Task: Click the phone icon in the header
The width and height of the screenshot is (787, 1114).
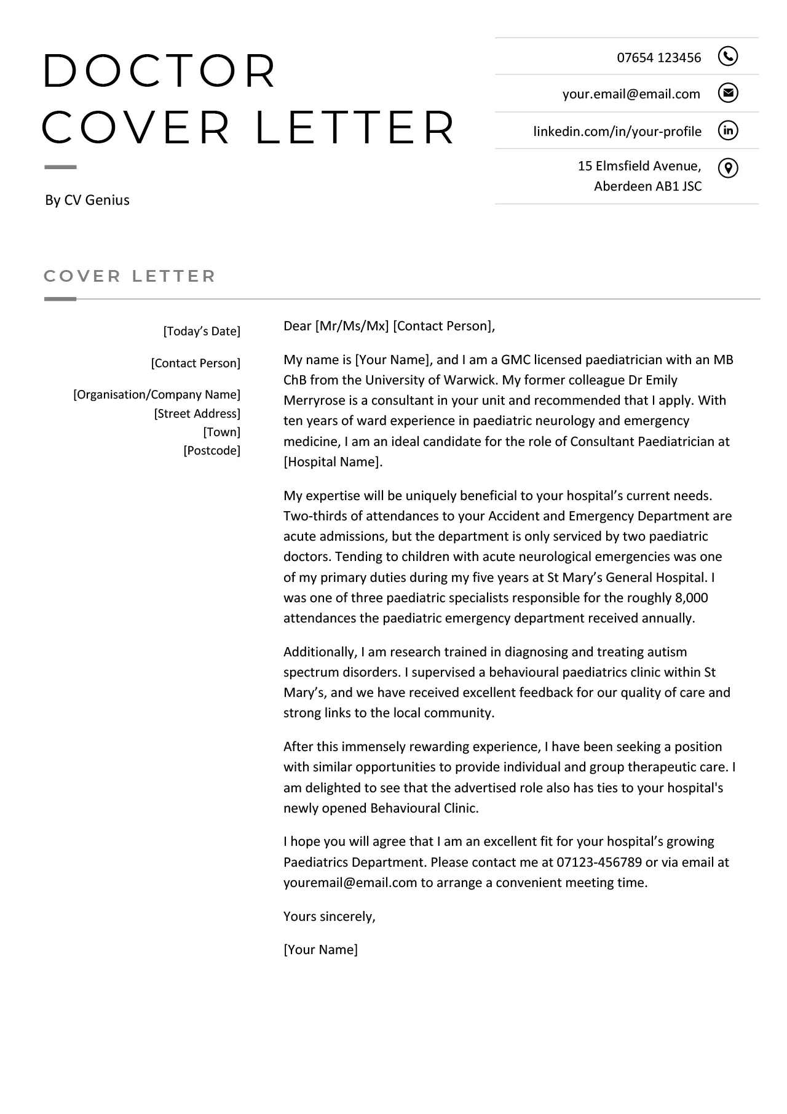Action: click(x=727, y=57)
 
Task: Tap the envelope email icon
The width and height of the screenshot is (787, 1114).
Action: click(x=727, y=93)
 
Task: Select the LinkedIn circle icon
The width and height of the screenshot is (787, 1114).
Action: click(x=727, y=130)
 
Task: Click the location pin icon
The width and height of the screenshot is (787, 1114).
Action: click(x=727, y=168)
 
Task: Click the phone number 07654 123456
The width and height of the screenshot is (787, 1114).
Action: click(x=658, y=58)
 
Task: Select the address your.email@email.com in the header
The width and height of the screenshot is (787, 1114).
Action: click(x=631, y=94)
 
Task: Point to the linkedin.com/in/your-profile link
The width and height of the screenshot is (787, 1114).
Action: click(x=617, y=132)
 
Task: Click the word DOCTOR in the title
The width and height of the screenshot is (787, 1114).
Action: click(x=159, y=71)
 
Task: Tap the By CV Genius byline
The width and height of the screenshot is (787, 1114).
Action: click(x=87, y=200)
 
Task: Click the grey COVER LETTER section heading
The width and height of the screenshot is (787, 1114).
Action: click(x=130, y=276)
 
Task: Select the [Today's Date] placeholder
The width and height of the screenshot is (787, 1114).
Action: click(x=202, y=332)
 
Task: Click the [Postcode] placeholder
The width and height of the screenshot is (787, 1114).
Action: click(x=212, y=451)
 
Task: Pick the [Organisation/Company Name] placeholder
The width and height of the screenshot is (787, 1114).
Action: click(x=157, y=395)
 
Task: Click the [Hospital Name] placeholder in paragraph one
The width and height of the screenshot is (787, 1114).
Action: click(x=332, y=462)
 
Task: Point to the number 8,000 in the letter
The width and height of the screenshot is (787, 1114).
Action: click(x=691, y=598)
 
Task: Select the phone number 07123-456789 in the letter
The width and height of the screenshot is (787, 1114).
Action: click(x=599, y=862)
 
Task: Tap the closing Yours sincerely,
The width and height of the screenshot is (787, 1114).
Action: click(x=329, y=917)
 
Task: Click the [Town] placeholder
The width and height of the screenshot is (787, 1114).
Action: click(x=221, y=432)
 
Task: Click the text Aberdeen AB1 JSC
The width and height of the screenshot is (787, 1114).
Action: click(x=647, y=186)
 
